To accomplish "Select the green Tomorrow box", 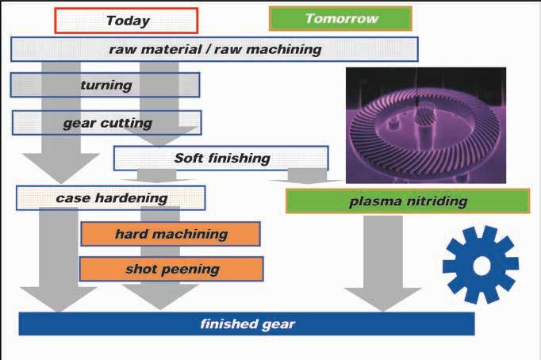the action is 329,18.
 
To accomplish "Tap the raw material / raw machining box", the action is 214,49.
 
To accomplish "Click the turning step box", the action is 105,85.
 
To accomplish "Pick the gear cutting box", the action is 106,123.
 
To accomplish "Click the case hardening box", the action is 110,197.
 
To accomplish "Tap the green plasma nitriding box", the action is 407,201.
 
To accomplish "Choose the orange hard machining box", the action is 171,234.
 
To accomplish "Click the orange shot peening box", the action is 171,269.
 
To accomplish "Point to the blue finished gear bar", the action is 247,324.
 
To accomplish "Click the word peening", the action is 191,269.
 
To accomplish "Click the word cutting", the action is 129,123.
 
